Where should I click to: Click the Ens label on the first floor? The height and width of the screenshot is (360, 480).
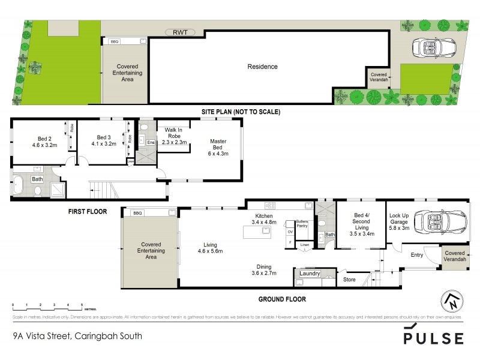pos(151,142)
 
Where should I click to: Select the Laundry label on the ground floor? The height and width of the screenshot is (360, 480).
pos(310,274)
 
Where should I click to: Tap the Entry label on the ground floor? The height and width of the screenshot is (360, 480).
pos(417,256)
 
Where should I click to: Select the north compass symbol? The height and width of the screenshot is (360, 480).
pos(453,301)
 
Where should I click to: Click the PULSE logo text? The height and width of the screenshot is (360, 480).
pos(433,338)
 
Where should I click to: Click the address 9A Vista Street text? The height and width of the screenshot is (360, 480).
pos(78,336)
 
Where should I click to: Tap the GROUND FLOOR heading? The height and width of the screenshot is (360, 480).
pos(282,299)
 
